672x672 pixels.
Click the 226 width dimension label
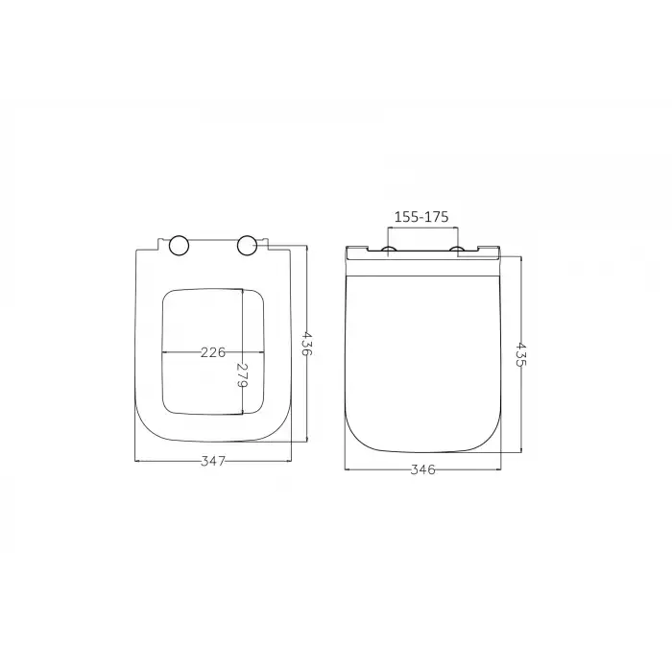[x=213, y=352]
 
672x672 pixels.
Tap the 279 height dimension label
[x=243, y=375]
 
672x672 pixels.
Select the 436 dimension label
[x=308, y=343]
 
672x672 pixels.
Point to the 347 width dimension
[x=213, y=461]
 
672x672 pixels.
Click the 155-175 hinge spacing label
[x=421, y=217]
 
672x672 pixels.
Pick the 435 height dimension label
[x=521, y=354]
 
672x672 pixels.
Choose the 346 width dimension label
[x=423, y=469]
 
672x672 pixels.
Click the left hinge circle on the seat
[x=180, y=246]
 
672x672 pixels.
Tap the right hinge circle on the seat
[x=247, y=246]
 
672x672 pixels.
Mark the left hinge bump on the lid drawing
[x=389, y=249]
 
